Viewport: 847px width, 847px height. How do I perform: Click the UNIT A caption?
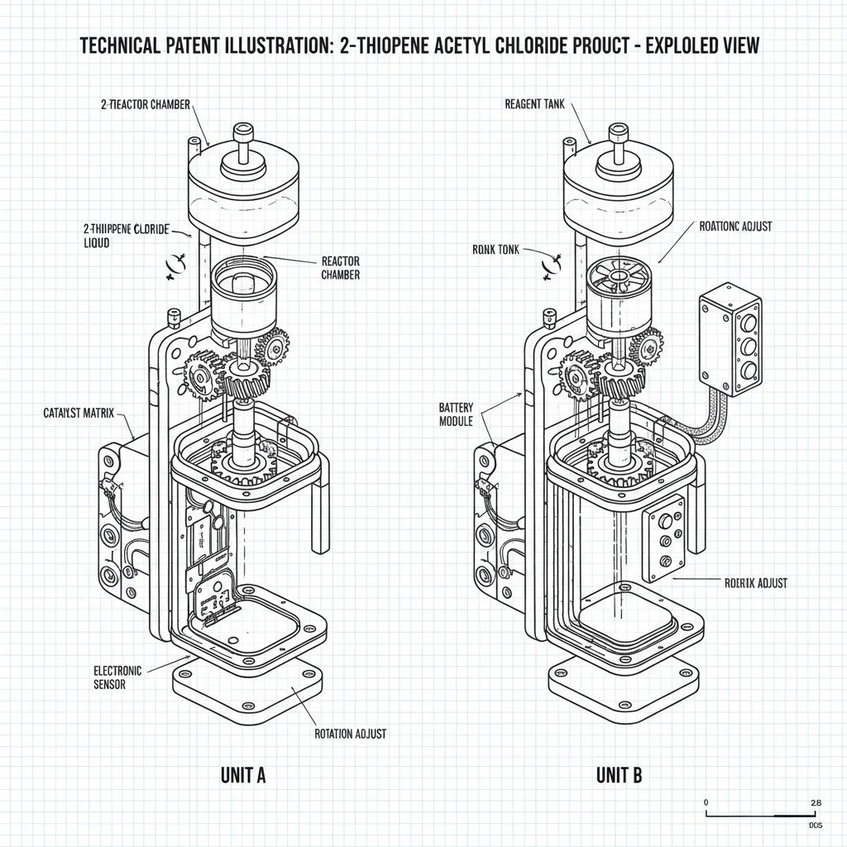pyautogui.click(x=242, y=775)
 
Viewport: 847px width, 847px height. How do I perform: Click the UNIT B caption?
pyautogui.click(x=618, y=775)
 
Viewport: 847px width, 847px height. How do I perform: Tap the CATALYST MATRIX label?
pyautogui.click(x=78, y=412)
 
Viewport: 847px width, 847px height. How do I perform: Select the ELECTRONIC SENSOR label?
pyautogui.click(x=117, y=677)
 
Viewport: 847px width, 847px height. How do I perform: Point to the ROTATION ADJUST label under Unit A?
pyautogui.click(x=351, y=733)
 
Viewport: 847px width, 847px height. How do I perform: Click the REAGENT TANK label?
pyautogui.click(x=534, y=104)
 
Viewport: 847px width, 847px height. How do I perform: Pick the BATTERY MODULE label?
pyautogui.click(x=456, y=415)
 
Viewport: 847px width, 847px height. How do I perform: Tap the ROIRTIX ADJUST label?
pyautogui.click(x=749, y=583)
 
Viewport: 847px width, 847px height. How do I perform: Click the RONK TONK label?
pyautogui.click(x=495, y=250)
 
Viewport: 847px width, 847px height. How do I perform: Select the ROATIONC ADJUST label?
pyautogui.click(x=735, y=227)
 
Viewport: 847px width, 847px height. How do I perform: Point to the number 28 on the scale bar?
pyautogui.click(x=815, y=802)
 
